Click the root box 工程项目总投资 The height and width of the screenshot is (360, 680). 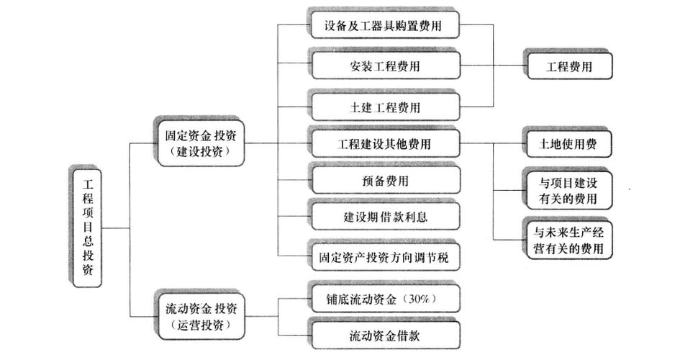click(x=87, y=228)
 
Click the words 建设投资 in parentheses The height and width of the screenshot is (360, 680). click(x=200, y=152)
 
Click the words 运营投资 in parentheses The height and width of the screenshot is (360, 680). click(x=200, y=325)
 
